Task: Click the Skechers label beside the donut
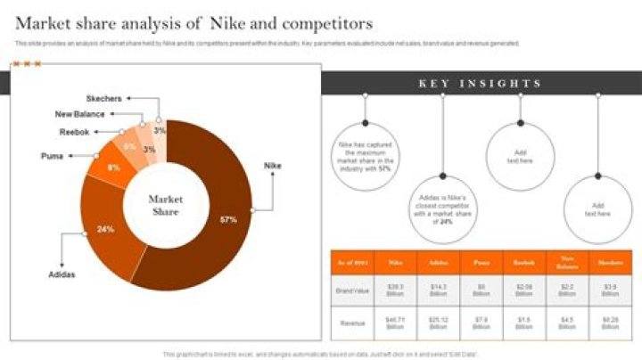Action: coord(104,98)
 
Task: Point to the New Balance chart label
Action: coord(79,114)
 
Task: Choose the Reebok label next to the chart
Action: coord(74,132)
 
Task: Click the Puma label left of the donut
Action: coord(52,156)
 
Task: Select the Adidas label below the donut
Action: coord(62,274)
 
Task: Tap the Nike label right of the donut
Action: coord(273,166)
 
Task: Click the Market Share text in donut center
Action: coord(165,205)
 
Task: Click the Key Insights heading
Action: coord(480,84)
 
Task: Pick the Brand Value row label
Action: coord(349,290)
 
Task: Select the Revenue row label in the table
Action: coord(349,323)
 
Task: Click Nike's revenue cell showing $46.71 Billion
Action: coord(395,323)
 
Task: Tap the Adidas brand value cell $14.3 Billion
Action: coord(438,290)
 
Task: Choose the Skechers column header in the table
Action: coord(610,263)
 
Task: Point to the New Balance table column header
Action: coord(567,263)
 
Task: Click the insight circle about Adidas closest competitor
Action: coord(443,210)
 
